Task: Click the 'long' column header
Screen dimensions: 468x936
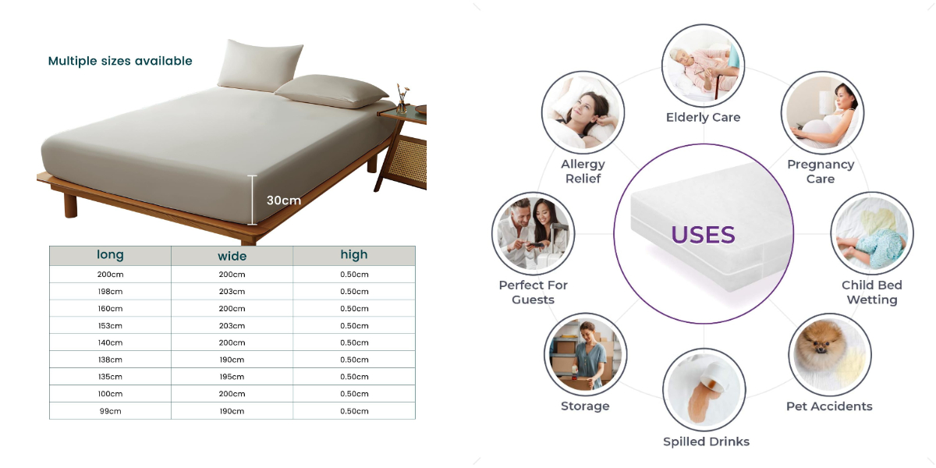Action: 110,255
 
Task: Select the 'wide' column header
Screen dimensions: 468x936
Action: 232,256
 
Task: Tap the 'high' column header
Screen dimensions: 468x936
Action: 353,255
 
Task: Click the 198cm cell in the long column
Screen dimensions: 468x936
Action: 110,292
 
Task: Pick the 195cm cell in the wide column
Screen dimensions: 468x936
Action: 232,377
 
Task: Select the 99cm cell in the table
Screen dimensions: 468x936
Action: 110,411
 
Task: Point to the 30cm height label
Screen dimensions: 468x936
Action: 283,200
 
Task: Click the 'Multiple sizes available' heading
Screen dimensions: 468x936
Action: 120,61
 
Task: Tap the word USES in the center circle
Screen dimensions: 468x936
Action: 703,235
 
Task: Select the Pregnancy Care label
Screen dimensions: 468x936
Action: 820,172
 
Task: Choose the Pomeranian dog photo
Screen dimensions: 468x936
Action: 828,353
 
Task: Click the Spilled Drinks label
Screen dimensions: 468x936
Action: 706,441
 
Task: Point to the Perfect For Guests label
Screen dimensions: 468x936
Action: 534,292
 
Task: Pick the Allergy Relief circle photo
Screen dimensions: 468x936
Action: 583,112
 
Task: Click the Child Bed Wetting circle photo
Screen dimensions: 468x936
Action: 871,232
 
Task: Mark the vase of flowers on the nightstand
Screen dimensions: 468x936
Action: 402,97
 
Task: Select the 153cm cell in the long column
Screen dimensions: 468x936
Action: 110,326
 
